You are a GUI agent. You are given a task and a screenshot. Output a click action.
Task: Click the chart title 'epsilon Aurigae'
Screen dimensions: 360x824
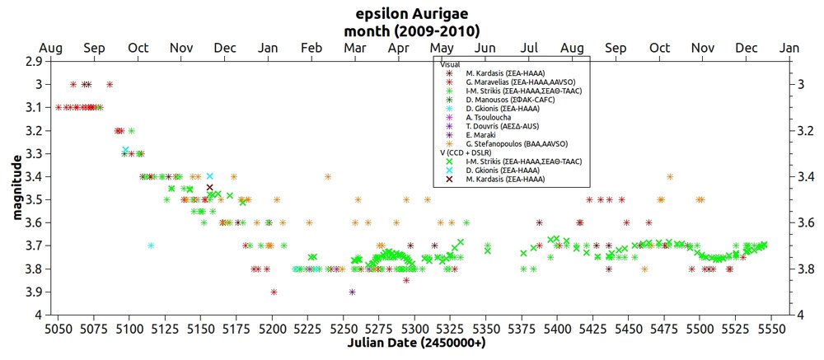point(412,15)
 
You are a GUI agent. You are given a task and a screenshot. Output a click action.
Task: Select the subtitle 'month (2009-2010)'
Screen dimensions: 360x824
point(412,31)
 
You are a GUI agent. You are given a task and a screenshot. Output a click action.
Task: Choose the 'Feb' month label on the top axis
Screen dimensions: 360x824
point(311,47)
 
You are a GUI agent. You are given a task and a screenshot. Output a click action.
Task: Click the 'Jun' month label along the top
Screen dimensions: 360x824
point(485,47)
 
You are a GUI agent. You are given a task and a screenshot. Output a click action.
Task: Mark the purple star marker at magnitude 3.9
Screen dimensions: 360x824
point(353,292)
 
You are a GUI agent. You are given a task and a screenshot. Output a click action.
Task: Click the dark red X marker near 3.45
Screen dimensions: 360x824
point(209,188)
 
